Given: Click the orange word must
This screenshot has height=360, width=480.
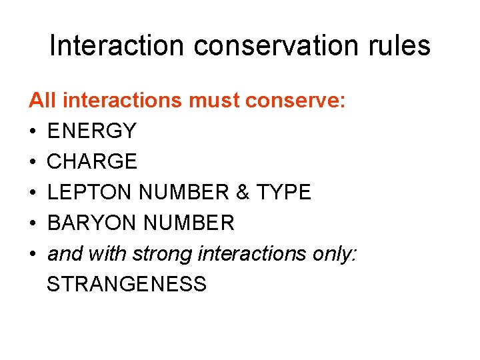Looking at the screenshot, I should [217, 101].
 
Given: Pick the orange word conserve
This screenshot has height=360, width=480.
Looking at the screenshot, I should [295, 101].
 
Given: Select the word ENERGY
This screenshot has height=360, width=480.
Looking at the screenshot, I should [92, 131].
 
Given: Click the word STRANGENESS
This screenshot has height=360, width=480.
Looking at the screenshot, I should [127, 285].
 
